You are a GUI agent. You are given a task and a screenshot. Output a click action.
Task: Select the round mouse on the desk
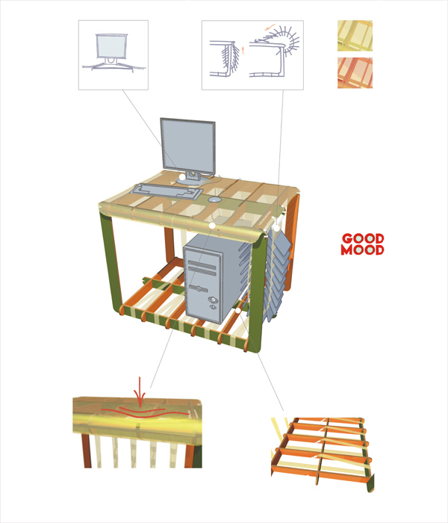tap(214, 200)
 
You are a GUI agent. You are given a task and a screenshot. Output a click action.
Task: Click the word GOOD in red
tap(362, 240)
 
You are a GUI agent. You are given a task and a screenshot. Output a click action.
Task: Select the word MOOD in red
tap(362, 250)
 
